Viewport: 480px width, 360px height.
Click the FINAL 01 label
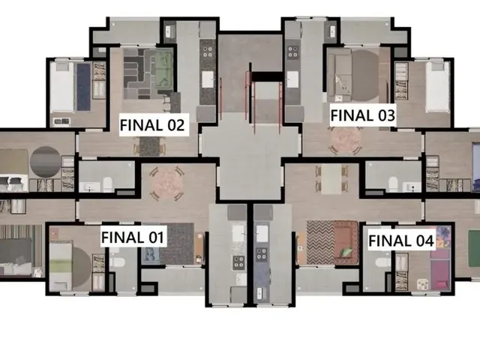(x=133, y=237)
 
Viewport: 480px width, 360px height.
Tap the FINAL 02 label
(x=153, y=125)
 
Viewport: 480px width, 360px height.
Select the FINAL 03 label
(x=363, y=115)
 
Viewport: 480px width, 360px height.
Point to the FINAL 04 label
(x=401, y=240)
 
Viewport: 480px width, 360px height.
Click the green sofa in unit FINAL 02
(x=163, y=69)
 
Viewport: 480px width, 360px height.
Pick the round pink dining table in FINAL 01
(x=166, y=184)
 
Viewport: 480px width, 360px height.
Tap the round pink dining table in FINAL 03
(x=346, y=139)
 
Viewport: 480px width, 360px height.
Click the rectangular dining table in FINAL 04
(x=331, y=179)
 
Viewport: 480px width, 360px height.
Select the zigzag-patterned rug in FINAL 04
(x=320, y=242)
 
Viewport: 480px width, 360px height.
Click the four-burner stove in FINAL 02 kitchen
(x=208, y=52)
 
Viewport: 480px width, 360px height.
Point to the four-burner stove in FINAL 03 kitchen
(x=292, y=52)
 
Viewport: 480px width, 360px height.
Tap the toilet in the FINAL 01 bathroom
(x=117, y=262)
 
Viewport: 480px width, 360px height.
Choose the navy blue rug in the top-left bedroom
(x=83, y=87)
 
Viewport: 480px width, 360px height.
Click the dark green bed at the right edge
(x=474, y=248)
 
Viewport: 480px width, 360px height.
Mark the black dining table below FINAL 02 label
(x=150, y=145)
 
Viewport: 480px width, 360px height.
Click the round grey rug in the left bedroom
(x=46, y=162)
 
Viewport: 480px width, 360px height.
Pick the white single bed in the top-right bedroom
(x=437, y=87)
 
